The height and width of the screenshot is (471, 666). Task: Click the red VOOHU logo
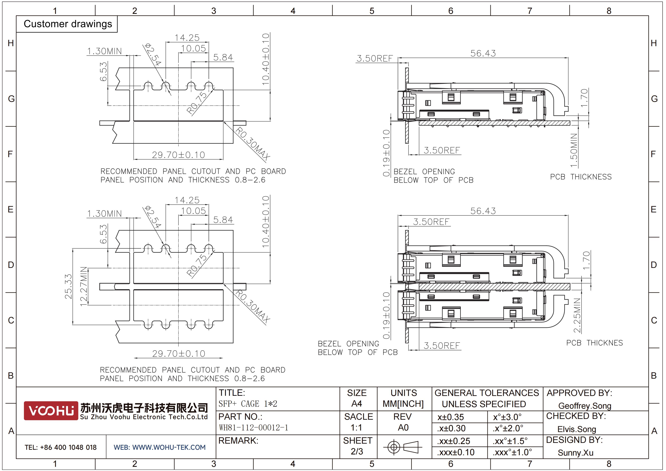[51, 411]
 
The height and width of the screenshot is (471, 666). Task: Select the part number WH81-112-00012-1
[253, 427]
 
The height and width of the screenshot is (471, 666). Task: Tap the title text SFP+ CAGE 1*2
[248, 404]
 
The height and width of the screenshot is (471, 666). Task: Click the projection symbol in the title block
[403, 447]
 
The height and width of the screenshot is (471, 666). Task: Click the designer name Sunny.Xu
[575, 453]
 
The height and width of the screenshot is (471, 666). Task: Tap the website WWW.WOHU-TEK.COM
[169, 447]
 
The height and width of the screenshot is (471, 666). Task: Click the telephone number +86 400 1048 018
[68, 447]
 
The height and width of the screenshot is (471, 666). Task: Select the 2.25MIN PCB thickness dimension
[577, 315]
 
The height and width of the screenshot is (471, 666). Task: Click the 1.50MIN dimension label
[574, 150]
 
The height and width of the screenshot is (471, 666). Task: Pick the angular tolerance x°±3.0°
[507, 417]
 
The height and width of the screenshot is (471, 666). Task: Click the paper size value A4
[357, 404]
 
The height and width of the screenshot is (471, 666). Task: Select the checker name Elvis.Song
[577, 429]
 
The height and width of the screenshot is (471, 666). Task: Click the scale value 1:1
[357, 427]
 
